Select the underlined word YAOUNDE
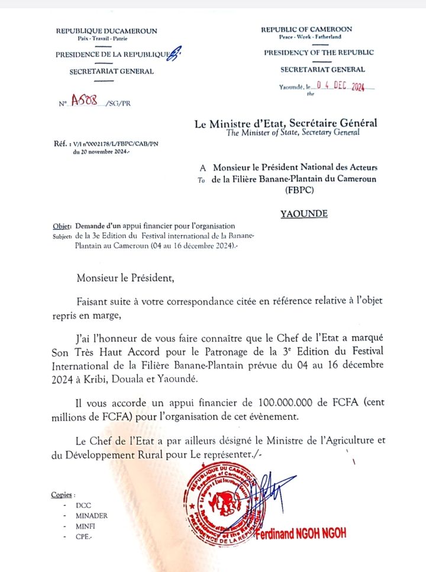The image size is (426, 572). (x=304, y=214)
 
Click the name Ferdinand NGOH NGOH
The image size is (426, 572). (x=301, y=534)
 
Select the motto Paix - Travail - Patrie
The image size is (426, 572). (x=102, y=38)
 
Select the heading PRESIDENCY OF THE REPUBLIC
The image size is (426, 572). (x=318, y=52)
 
